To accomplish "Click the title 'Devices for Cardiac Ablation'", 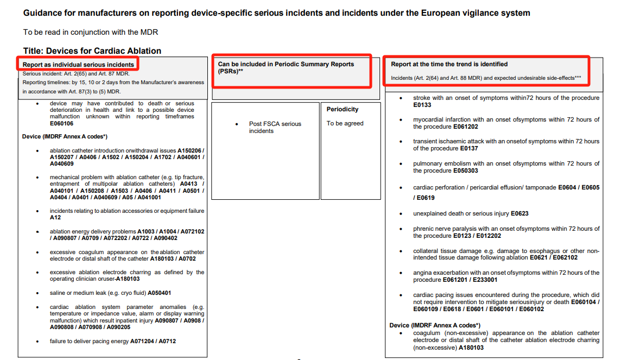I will [92, 50].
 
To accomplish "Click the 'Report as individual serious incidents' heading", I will [78, 65].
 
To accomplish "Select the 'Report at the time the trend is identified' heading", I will [449, 64].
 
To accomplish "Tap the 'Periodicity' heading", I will [343, 109].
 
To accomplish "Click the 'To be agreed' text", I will [345, 123].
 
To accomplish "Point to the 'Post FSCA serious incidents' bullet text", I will [275, 127].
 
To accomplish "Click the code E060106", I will [61, 123].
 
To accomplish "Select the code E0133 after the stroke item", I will [422, 105].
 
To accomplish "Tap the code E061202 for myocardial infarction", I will [466, 127].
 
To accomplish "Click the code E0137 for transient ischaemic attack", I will [469, 148].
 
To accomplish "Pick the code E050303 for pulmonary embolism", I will [466, 170].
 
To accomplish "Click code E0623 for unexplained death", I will [520, 213].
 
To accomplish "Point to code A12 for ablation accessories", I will [55, 217].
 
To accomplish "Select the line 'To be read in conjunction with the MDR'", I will [91, 33].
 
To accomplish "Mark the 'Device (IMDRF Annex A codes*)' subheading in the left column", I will [65, 136].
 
